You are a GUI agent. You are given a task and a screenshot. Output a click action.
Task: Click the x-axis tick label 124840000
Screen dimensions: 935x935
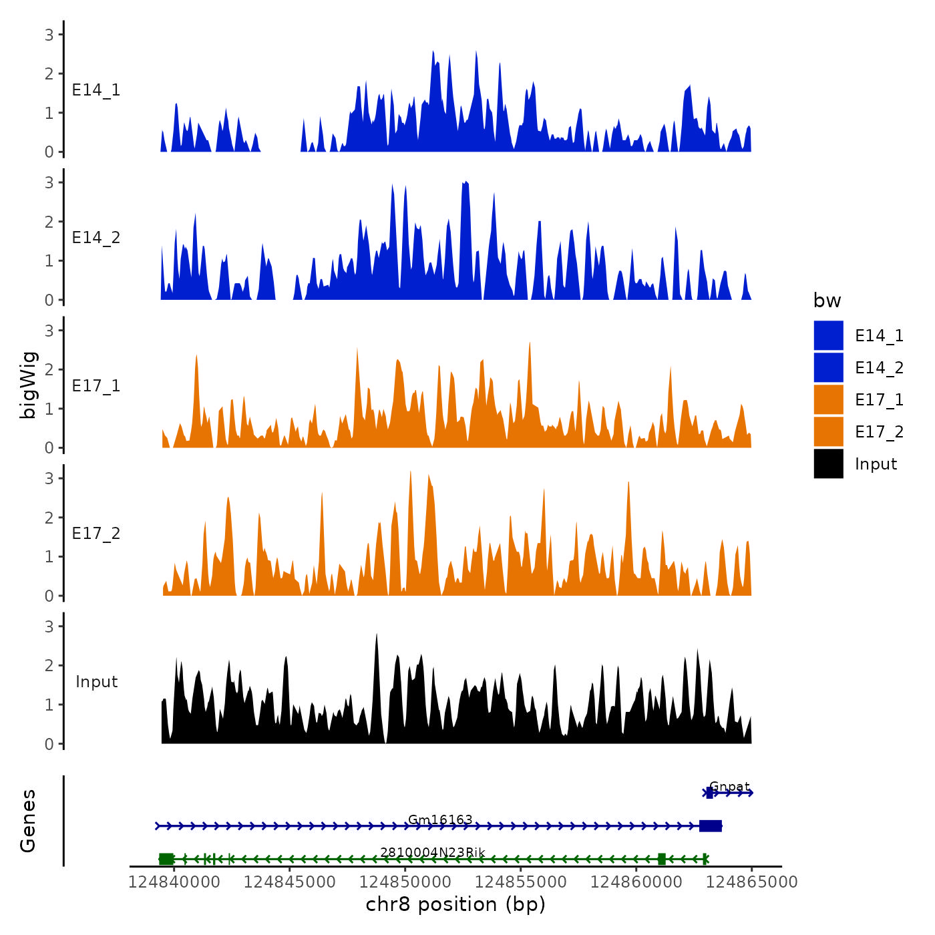(x=174, y=882)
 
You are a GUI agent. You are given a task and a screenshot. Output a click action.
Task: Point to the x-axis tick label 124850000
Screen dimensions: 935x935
(x=405, y=882)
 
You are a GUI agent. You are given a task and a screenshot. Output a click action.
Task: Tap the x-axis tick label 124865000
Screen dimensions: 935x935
(x=751, y=882)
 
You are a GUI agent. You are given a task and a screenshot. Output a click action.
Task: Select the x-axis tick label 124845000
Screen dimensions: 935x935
(x=289, y=882)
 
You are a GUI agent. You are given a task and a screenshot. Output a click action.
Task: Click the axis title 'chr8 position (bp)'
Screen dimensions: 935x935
(x=455, y=905)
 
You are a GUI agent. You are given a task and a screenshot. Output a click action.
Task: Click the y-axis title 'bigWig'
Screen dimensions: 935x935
(x=29, y=385)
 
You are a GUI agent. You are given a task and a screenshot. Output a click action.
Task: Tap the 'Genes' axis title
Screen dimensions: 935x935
(x=29, y=821)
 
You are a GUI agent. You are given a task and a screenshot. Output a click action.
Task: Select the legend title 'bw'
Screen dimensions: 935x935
(x=827, y=301)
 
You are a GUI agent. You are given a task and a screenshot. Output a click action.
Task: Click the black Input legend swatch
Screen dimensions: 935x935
(x=828, y=463)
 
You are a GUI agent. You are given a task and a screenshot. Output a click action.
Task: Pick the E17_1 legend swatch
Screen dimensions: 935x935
(x=828, y=399)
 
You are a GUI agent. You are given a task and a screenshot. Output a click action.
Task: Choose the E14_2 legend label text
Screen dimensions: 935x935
(x=879, y=368)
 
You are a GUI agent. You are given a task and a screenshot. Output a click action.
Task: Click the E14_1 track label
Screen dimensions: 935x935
(x=96, y=90)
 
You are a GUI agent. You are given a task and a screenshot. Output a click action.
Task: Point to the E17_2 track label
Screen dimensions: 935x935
(x=96, y=534)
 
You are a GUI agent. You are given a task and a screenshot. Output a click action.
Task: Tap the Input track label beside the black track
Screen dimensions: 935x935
(x=96, y=682)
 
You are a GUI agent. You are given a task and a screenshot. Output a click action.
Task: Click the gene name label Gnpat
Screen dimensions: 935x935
(x=729, y=787)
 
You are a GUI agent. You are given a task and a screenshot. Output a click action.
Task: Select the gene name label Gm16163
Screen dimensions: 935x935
(x=440, y=819)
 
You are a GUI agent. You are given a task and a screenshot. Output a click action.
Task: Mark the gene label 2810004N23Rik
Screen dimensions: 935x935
(x=432, y=852)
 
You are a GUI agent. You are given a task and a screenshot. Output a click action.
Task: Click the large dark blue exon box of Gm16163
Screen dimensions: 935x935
(x=710, y=826)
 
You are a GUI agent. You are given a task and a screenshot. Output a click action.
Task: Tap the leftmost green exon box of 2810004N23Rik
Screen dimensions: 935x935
(x=166, y=859)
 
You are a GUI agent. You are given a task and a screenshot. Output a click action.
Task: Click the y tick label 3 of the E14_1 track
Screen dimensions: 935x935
(x=49, y=35)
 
